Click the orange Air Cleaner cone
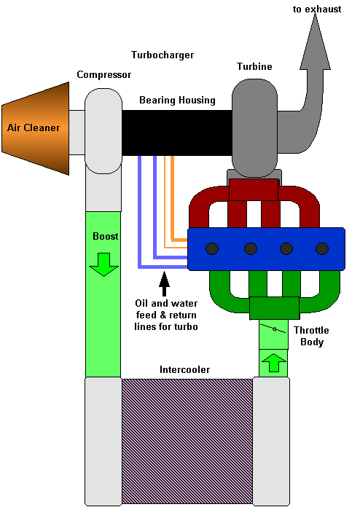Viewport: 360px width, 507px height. coord(36,128)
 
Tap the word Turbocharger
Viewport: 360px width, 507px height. coord(163,55)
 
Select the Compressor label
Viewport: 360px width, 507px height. coord(103,75)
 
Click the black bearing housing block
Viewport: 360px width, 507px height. coord(177,133)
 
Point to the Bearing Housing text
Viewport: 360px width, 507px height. coord(177,101)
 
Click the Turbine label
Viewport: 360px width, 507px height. coord(254,66)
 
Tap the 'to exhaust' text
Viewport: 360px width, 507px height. coord(317,9)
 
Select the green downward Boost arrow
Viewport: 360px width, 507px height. coord(103,264)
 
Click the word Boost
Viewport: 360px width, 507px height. coord(106,236)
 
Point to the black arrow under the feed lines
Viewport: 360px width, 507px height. coord(164,283)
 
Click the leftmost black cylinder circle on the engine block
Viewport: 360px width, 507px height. coord(212,248)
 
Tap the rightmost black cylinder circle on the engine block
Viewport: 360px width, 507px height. coord(322,248)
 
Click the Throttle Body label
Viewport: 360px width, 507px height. coord(311,336)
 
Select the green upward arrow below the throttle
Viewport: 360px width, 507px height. coord(273,363)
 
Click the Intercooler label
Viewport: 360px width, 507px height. coord(184,369)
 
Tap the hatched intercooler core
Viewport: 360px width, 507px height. coord(187,441)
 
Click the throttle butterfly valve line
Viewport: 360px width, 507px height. coord(273,329)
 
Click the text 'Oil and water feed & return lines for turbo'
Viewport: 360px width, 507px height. coord(166,315)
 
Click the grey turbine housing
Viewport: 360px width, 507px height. coord(254,127)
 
